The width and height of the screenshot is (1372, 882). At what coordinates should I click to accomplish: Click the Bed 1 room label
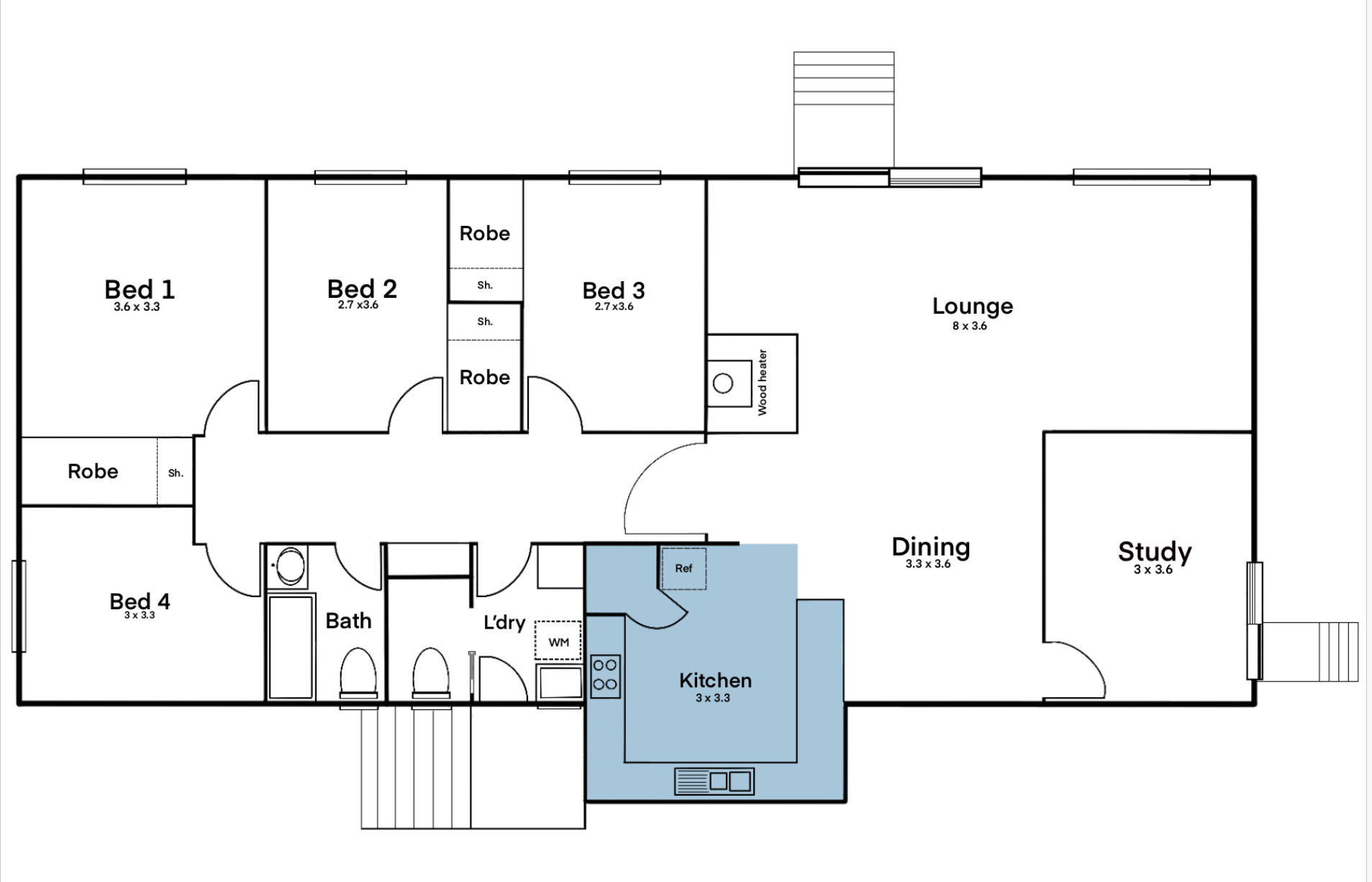point(140,289)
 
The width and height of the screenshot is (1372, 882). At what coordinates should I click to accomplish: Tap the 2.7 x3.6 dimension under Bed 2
point(358,305)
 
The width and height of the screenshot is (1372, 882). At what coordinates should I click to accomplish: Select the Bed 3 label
point(614,291)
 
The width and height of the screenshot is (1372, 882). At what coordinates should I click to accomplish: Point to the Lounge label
point(973,306)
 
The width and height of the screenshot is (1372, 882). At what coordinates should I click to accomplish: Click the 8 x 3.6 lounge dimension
point(970,326)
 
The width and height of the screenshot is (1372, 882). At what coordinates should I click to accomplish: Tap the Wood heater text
point(763,383)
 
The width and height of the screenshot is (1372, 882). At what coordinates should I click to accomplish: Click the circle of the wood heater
point(723,383)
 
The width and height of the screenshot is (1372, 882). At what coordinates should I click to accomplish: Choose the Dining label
point(931,547)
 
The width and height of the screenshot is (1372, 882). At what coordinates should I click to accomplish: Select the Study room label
point(1155,552)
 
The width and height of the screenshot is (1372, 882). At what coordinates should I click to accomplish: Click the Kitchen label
point(715,681)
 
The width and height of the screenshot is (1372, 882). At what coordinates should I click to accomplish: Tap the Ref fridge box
point(683,568)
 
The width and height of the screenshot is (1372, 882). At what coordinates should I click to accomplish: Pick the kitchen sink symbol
point(714,781)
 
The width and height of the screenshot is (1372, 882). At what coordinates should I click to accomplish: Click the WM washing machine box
point(558,641)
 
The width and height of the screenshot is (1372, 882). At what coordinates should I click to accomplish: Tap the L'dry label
point(504,622)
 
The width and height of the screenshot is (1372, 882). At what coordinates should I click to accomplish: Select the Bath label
point(348,621)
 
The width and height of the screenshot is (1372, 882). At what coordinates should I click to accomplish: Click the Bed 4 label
point(140,601)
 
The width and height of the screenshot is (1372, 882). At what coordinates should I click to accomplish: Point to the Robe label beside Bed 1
point(93,471)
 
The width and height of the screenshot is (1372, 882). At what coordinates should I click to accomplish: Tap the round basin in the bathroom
point(291,565)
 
